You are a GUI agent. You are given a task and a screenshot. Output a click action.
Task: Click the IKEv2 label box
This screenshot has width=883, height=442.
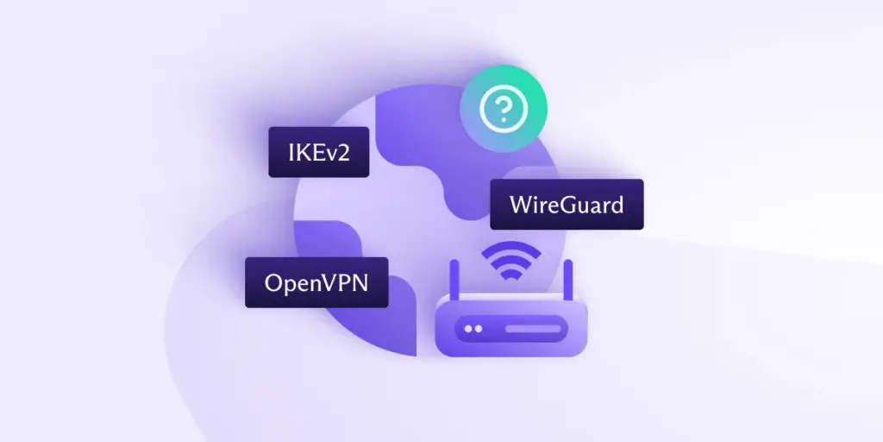tap(318, 152)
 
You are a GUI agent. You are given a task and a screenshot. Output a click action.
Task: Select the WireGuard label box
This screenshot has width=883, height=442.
tap(567, 205)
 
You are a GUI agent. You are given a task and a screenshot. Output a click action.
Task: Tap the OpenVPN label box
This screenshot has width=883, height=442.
tap(316, 282)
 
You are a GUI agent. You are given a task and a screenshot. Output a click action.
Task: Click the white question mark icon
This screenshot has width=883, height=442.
tap(503, 110)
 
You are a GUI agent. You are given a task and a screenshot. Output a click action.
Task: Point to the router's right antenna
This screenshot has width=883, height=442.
tap(567, 278)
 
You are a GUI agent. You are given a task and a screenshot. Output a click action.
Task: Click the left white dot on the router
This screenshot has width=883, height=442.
tap(468, 329)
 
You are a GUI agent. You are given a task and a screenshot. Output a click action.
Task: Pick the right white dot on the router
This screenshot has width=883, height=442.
tap(479, 329)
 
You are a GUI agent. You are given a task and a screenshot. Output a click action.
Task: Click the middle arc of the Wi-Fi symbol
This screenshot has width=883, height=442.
tap(510, 261)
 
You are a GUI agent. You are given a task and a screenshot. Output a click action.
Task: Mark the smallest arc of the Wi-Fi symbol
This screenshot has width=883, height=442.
tap(510, 275)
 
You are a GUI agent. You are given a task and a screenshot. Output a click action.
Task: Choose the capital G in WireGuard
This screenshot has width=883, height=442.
tap(572, 205)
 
